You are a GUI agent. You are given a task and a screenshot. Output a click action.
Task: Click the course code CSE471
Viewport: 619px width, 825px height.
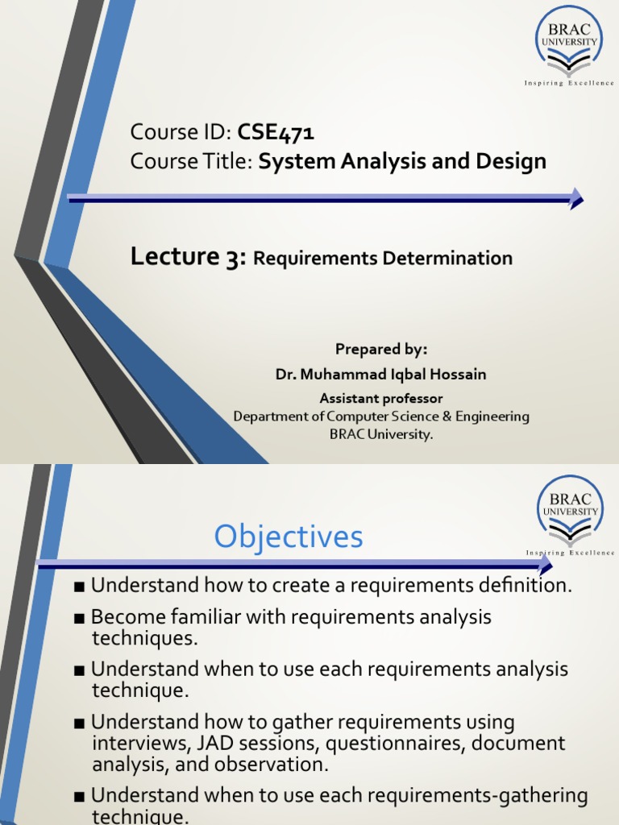click(x=276, y=133)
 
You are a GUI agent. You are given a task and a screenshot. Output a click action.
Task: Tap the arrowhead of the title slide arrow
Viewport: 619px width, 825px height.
click(x=575, y=197)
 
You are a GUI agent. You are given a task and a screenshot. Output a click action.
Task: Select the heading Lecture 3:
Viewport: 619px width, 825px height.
click(x=188, y=258)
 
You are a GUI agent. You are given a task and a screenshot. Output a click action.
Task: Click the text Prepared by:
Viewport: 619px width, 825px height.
click(x=381, y=349)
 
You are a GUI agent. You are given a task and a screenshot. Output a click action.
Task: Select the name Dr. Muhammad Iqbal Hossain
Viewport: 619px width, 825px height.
click(x=381, y=374)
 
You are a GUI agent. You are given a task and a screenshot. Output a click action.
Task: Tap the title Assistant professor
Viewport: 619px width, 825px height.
click(x=381, y=398)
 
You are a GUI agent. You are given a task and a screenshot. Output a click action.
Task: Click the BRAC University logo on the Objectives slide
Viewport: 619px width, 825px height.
click(x=571, y=511)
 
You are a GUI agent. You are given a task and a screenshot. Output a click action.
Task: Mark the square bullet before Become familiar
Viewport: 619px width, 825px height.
click(x=79, y=619)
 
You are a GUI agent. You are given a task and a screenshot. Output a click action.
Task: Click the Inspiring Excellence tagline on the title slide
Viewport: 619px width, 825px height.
click(x=569, y=83)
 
